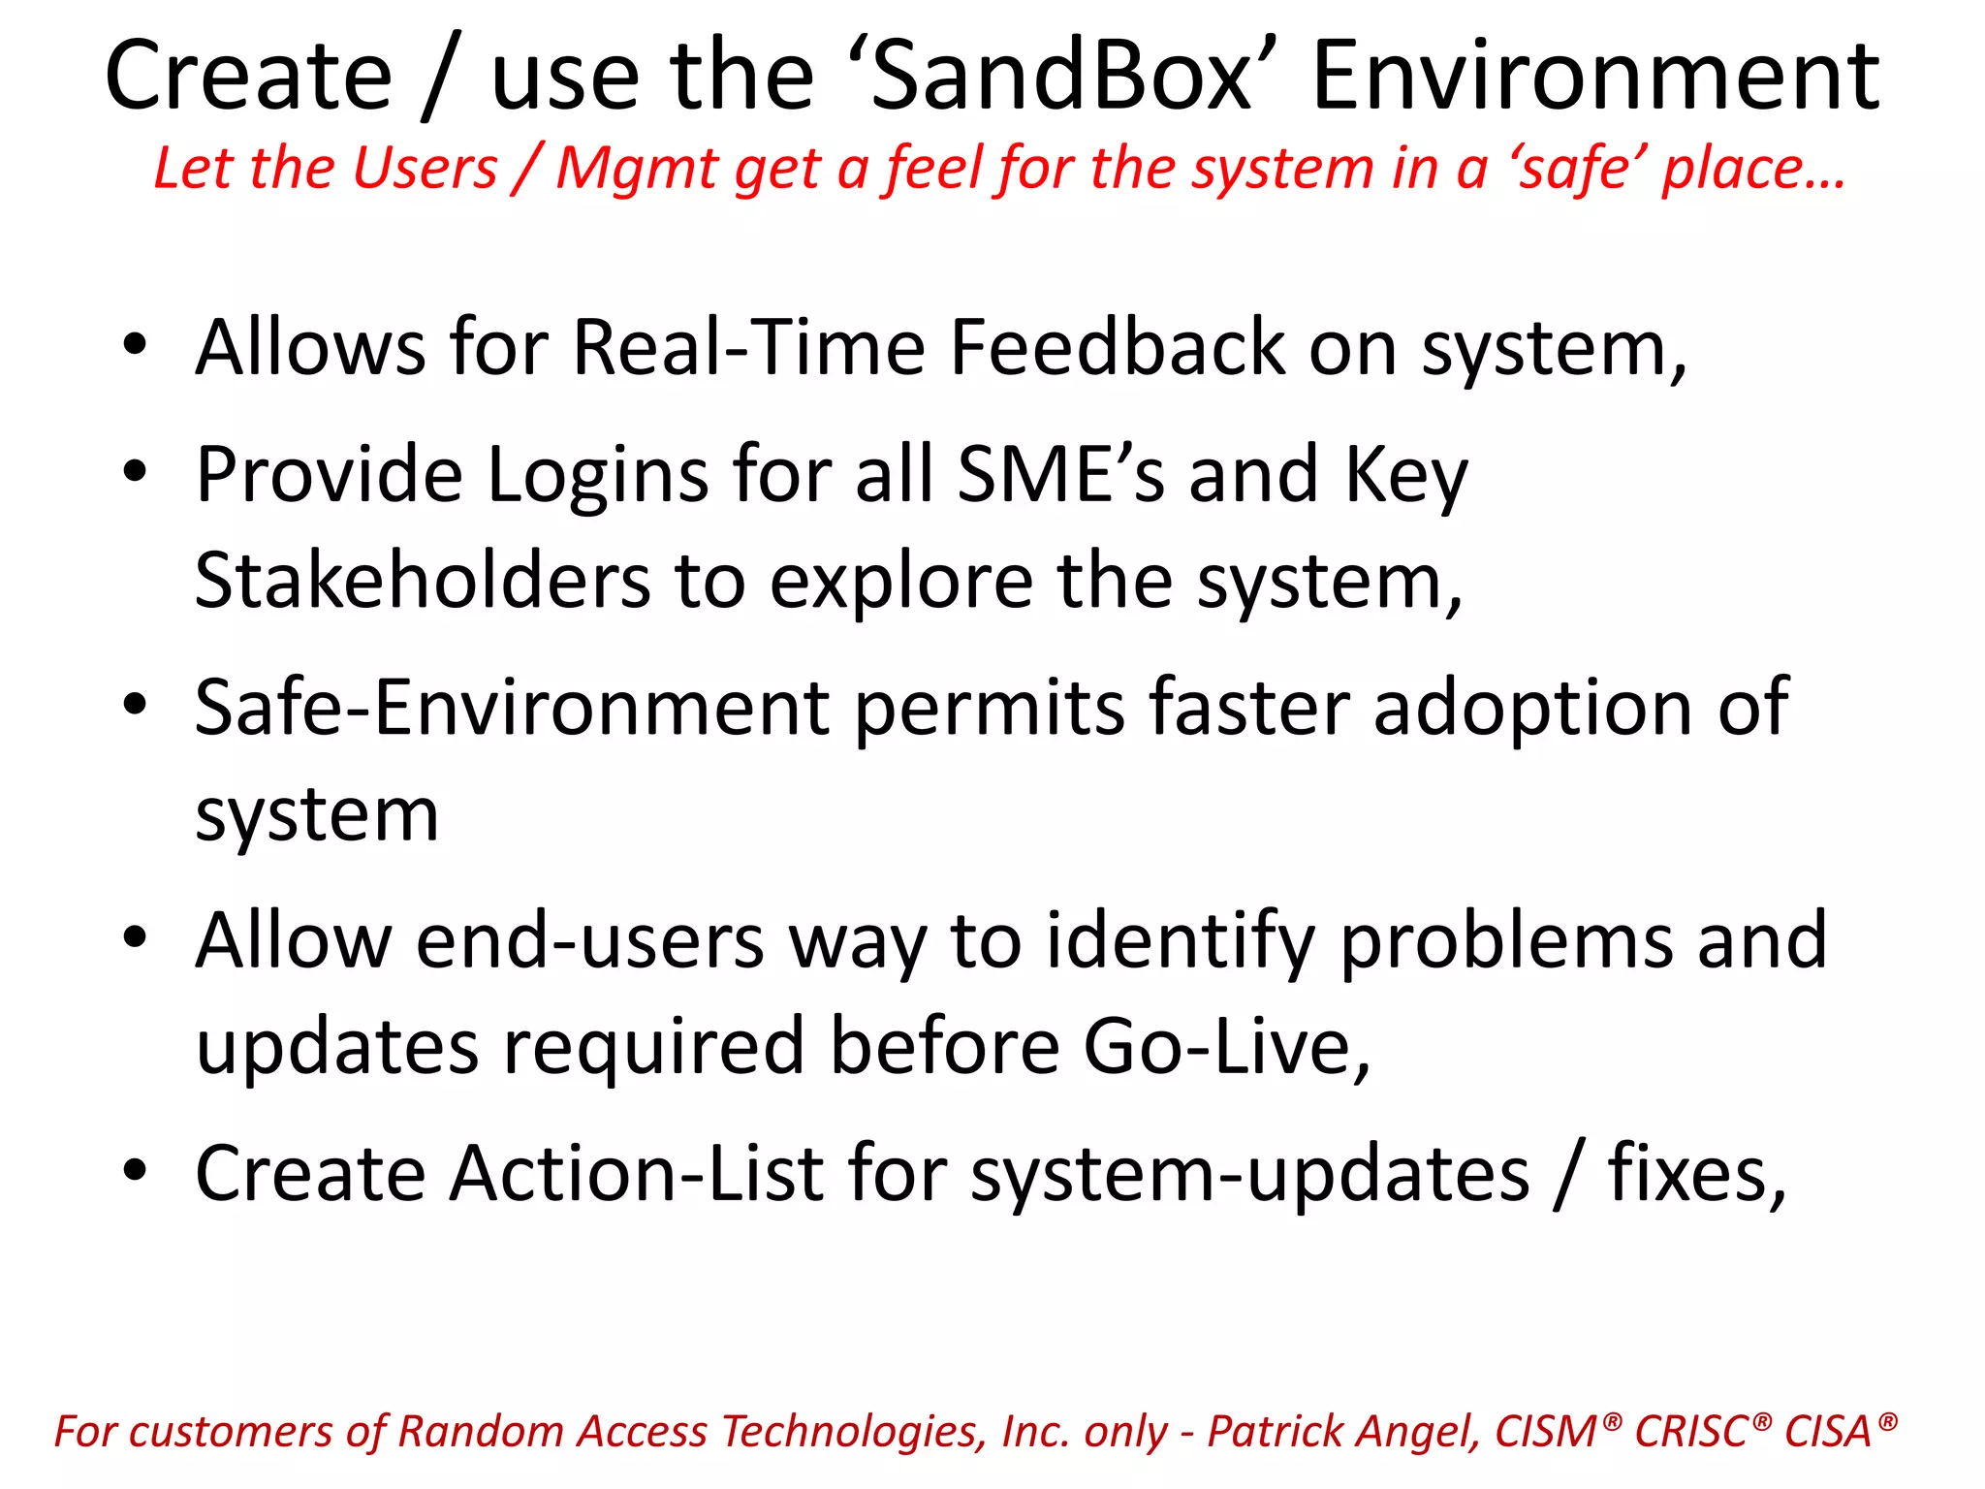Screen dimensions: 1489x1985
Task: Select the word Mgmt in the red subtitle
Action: pyautogui.click(x=638, y=169)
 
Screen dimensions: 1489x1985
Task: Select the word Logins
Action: pyautogui.click(x=597, y=475)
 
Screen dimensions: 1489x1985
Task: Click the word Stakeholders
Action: pyautogui.click(x=423, y=581)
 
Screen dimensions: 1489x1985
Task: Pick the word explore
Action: pyautogui.click(x=901, y=583)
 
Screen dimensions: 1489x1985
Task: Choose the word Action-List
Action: pyautogui.click(x=636, y=1174)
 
